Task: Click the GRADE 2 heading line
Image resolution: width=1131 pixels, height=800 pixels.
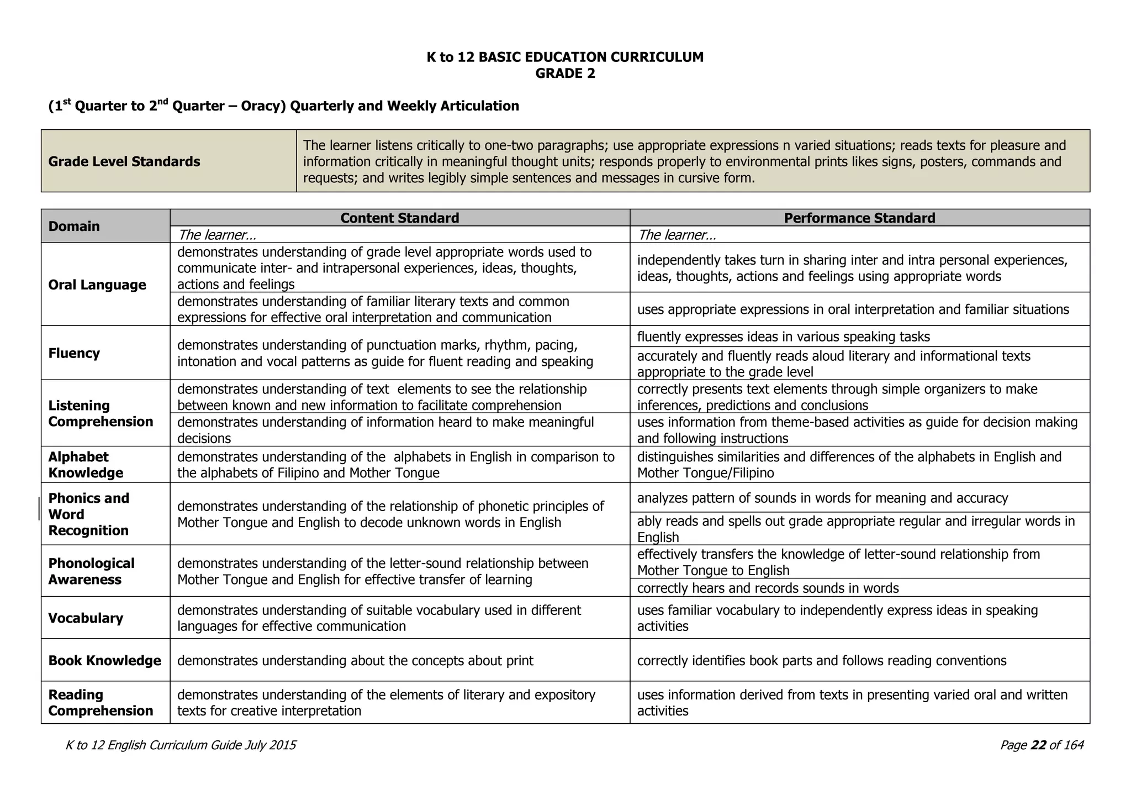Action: tap(565, 73)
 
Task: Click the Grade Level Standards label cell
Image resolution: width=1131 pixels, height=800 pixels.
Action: tap(124, 161)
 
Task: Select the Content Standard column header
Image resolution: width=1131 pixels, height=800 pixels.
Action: tap(399, 218)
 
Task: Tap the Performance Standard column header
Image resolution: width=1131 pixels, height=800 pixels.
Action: tap(859, 218)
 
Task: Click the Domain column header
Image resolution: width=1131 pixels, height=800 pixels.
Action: tap(74, 226)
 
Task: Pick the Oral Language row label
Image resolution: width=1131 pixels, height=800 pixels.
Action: tap(97, 285)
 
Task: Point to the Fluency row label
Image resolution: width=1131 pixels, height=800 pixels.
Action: tap(74, 353)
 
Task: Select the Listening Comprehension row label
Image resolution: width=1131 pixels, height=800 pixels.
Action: tap(101, 413)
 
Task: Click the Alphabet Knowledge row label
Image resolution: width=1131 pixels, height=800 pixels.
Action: tap(86, 465)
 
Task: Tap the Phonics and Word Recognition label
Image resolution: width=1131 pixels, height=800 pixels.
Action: tap(88, 514)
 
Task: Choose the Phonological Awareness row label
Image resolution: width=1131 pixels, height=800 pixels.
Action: tap(91, 571)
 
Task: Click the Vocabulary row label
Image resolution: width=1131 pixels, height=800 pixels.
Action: tap(86, 618)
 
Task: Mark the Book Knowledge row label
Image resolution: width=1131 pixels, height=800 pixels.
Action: tap(104, 660)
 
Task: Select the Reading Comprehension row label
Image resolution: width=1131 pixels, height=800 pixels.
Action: tap(101, 702)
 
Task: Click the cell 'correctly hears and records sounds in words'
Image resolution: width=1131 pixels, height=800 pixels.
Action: tap(768, 588)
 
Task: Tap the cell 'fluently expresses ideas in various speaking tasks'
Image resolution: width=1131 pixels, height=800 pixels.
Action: tap(783, 336)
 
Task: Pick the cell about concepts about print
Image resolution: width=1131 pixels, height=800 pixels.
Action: tap(355, 660)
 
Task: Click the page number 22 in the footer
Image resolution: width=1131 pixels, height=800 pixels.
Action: tap(1038, 745)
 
